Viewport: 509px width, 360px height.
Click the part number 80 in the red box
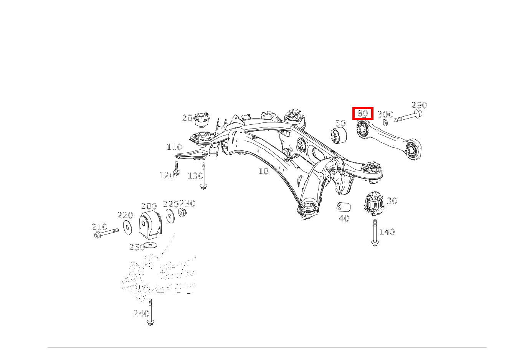coord(363,113)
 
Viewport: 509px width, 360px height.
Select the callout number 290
coord(419,105)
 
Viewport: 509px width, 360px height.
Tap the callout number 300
coord(385,114)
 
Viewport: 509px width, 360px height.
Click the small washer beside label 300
coord(385,122)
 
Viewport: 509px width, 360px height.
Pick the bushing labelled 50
coord(339,135)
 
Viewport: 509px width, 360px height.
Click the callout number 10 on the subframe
coord(264,171)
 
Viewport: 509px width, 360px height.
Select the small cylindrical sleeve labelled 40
coord(343,206)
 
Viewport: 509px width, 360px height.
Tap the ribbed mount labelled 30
coord(374,203)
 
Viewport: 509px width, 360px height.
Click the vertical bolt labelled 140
coord(375,233)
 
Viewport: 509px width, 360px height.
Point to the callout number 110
coord(175,147)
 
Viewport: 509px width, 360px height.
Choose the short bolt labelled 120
coord(177,168)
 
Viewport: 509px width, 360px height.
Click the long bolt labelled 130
coord(203,176)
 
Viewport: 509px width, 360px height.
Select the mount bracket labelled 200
coord(150,225)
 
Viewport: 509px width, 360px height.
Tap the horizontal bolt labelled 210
coord(106,233)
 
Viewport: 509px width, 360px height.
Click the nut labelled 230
coord(182,212)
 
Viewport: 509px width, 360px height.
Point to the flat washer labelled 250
coord(150,245)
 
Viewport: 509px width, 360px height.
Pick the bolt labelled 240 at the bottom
coord(150,312)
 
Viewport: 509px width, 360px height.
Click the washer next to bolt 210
coord(127,227)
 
